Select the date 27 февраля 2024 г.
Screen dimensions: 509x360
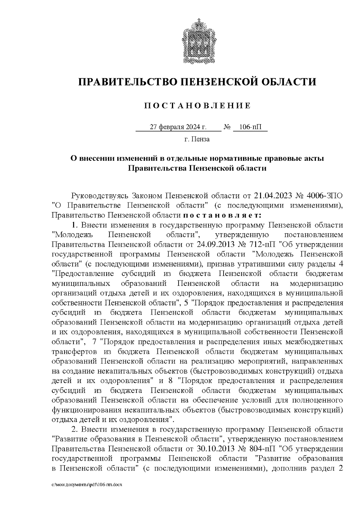pos(178,127)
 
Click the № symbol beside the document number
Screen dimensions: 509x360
pos(227,127)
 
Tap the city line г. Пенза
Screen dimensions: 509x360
pos(197,139)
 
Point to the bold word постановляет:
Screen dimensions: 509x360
pos(222,215)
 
